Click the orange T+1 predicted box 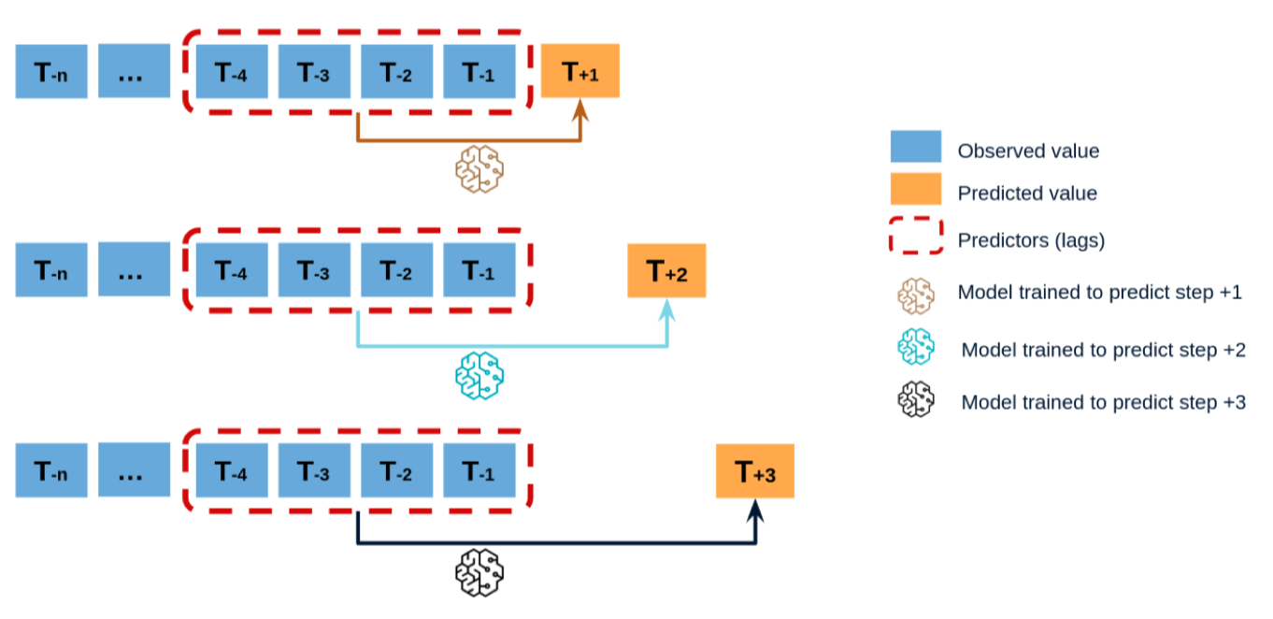click(x=580, y=71)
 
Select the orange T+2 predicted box click(x=666, y=271)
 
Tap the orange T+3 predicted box click(x=754, y=471)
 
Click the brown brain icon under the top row click(x=479, y=170)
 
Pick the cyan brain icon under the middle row click(x=479, y=375)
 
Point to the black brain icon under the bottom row click(x=479, y=573)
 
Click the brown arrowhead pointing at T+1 click(x=580, y=112)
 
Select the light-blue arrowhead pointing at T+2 click(x=667, y=311)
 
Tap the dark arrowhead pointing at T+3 click(x=754, y=511)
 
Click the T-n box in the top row click(x=51, y=71)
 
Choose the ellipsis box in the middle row click(x=134, y=271)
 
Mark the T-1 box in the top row click(x=479, y=71)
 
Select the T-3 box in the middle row click(x=314, y=271)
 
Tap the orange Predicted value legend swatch click(x=915, y=192)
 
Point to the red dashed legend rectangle click(x=915, y=238)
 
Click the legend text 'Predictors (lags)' click(x=1031, y=240)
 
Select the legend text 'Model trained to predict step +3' click(x=1103, y=402)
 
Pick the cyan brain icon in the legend click(x=916, y=348)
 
